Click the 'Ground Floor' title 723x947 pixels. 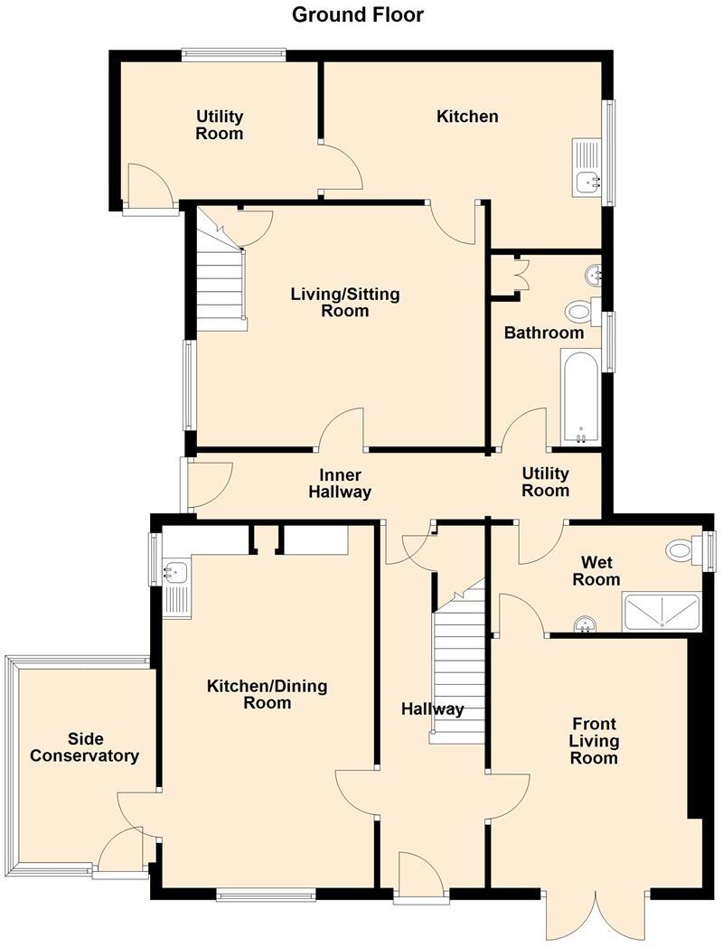point(357,14)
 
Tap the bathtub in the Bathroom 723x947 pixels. point(579,397)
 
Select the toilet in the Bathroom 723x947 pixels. point(579,312)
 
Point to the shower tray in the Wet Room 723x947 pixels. point(662,611)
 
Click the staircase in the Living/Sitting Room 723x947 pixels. point(221,280)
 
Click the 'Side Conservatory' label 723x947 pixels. point(84,747)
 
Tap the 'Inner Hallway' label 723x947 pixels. point(340,483)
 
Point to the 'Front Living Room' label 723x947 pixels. point(594,740)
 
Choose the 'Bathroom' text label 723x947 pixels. point(543,333)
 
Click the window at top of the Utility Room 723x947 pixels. point(233,54)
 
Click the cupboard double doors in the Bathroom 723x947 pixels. point(519,274)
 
